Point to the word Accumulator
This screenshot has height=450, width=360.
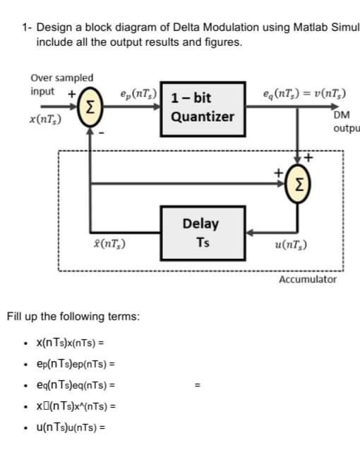tap(308, 280)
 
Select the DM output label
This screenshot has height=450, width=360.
tap(344, 122)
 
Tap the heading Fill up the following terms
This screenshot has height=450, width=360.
tap(73, 316)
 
